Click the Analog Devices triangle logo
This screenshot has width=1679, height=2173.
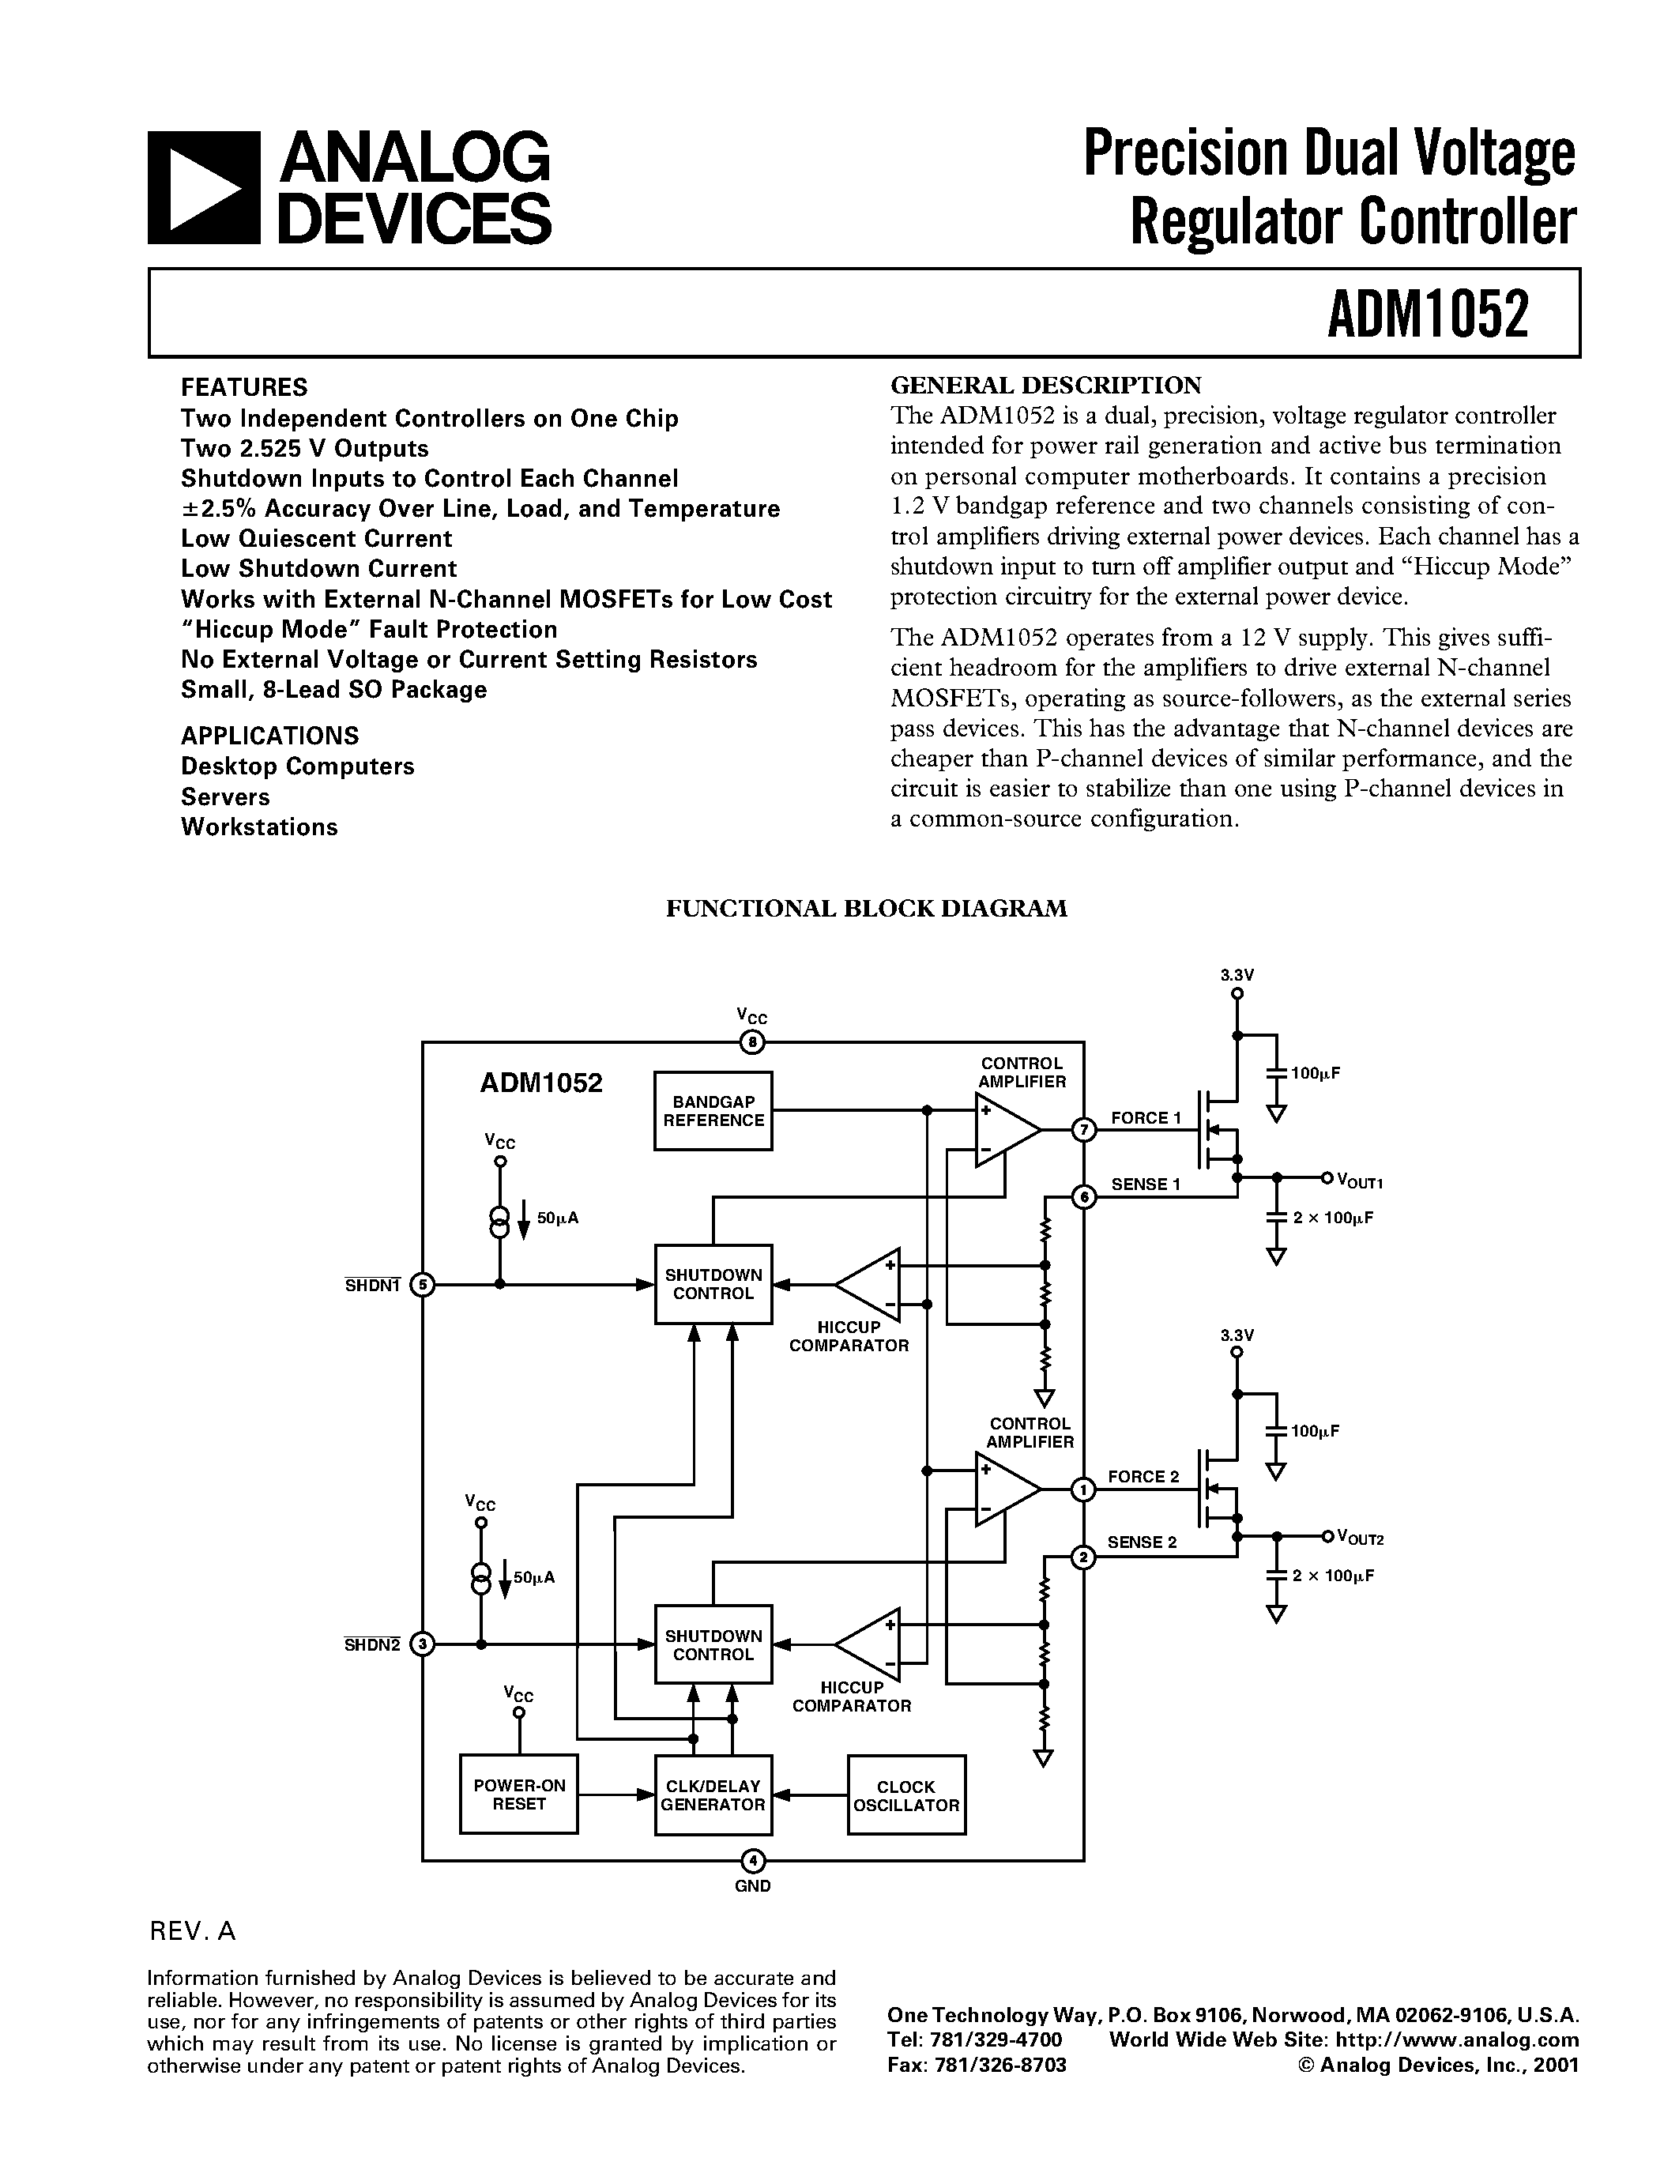coord(204,188)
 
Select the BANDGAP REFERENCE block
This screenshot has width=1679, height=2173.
coord(713,1110)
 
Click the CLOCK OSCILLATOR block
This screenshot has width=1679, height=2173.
coord(906,1795)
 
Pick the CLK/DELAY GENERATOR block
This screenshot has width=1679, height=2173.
coord(713,1795)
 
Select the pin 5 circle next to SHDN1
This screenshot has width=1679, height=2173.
coord(423,1285)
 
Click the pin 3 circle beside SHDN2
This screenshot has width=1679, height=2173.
coord(423,1644)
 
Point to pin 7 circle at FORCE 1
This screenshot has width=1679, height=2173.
coord(1083,1129)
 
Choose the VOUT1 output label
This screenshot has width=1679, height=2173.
coord(1360,1181)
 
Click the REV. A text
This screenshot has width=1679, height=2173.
coord(192,1931)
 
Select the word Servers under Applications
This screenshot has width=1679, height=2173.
coord(225,797)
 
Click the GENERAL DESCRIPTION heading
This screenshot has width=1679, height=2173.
coord(1045,385)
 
